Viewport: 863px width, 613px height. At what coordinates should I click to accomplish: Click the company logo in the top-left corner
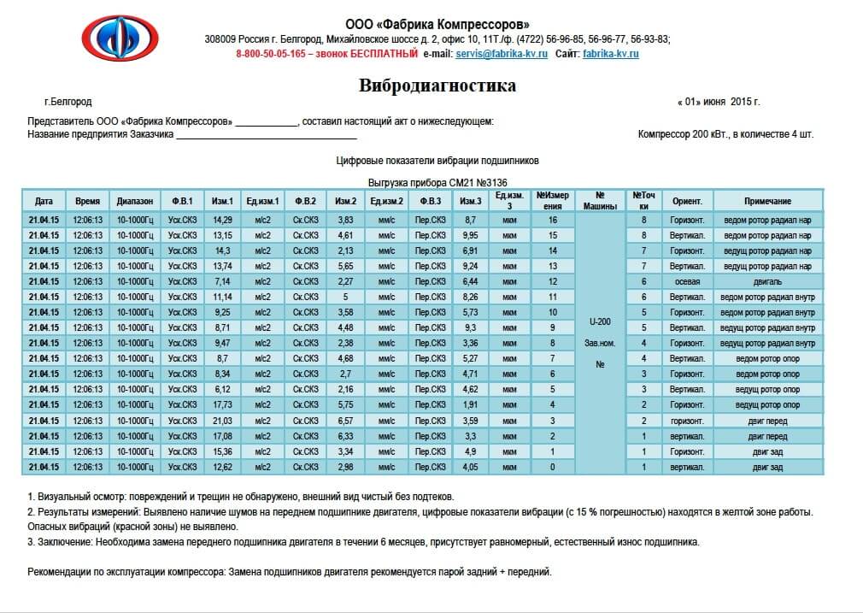click(120, 38)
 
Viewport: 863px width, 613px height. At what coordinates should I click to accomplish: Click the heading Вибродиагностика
click(437, 85)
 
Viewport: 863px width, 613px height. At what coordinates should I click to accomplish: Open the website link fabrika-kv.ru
click(610, 54)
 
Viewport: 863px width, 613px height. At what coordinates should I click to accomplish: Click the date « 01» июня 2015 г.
click(718, 102)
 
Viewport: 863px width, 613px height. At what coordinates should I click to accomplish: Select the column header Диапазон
click(135, 201)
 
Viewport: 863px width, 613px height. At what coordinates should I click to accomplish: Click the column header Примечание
click(766, 201)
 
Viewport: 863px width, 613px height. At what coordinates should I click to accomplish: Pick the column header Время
click(87, 201)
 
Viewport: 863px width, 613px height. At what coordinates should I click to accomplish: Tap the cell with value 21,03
click(222, 421)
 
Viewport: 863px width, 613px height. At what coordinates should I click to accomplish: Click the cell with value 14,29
click(222, 220)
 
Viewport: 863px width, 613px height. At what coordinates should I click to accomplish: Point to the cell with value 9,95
click(469, 235)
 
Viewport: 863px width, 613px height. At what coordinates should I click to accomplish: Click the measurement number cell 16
click(553, 220)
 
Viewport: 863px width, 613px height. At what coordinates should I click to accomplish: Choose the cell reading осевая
click(686, 281)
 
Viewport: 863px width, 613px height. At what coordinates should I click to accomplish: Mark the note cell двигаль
click(766, 281)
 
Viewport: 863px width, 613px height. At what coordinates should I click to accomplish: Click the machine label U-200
click(599, 321)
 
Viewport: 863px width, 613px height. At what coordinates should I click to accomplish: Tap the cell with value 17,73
click(222, 404)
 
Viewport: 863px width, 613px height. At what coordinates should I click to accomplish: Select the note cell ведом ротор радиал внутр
click(766, 297)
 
